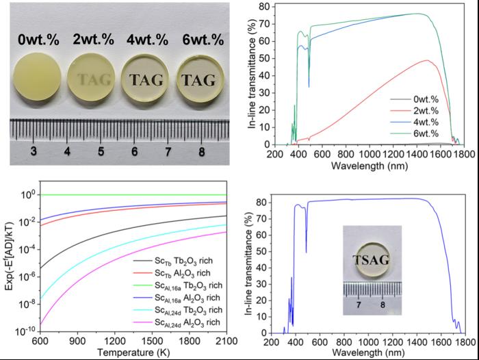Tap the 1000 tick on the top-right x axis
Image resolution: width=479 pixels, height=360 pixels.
click(x=368, y=155)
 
